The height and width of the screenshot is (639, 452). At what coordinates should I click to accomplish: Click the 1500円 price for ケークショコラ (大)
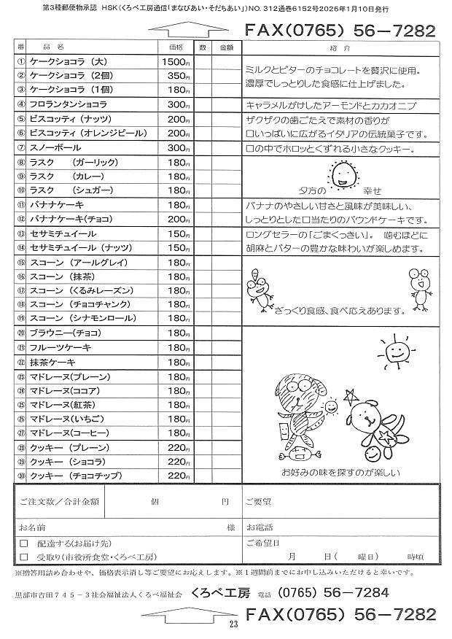click(x=175, y=62)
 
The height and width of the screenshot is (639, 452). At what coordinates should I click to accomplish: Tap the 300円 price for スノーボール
click(x=178, y=148)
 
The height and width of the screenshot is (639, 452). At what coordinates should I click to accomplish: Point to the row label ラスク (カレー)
click(x=66, y=177)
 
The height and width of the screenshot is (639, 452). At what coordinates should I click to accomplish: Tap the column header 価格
click(x=176, y=47)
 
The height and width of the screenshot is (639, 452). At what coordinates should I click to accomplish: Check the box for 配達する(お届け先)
click(x=24, y=543)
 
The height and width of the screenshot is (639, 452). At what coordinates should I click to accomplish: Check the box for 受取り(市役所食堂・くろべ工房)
click(x=24, y=555)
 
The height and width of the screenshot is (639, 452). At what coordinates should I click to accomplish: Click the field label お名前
click(x=32, y=527)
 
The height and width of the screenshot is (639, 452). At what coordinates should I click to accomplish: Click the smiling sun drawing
click(x=394, y=351)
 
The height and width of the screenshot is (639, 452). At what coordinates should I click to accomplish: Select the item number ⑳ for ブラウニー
click(x=21, y=333)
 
